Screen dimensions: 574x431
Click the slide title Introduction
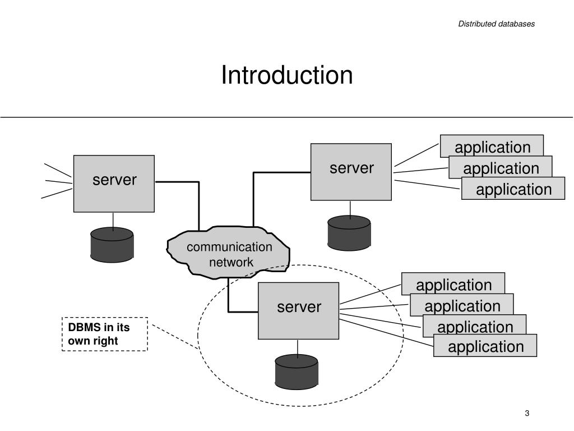click(x=287, y=75)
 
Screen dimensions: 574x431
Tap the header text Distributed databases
click(x=497, y=24)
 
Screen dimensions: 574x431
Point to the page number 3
click(x=527, y=414)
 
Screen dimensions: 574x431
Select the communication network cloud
click(x=229, y=253)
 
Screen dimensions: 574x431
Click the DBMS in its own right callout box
click(x=105, y=334)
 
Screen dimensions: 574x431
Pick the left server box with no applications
click(x=114, y=184)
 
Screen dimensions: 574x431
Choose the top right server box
click(x=351, y=172)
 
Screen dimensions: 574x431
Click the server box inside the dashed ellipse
click(x=298, y=311)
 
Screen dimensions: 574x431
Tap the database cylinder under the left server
click(x=112, y=245)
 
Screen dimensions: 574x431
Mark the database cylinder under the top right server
click(x=349, y=233)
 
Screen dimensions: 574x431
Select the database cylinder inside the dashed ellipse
click(x=297, y=372)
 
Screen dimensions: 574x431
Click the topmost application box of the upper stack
click(x=492, y=146)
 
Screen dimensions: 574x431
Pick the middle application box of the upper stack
click(x=501, y=167)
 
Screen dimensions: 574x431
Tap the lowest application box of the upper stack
click(x=513, y=189)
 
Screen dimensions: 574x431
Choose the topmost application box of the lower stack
click(x=453, y=283)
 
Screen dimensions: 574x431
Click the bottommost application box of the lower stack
click(x=485, y=345)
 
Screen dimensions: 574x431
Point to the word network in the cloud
click(x=231, y=263)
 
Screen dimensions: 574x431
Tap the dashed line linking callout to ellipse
click(x=175, y=337)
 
